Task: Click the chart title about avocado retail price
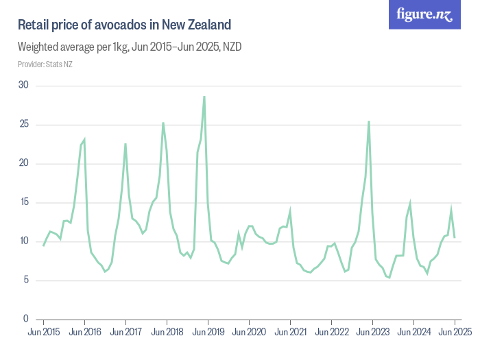123,25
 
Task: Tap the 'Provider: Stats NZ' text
45,64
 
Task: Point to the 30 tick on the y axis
24,85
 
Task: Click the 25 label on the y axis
24,124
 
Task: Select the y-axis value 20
24,163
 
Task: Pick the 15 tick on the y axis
24,202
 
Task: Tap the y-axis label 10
24,241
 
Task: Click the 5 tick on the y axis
26,280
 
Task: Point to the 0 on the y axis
26,319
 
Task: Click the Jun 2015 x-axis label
44,332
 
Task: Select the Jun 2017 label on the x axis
126,332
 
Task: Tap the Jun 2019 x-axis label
208,332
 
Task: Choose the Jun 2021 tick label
291,332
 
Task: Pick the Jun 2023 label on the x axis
373,332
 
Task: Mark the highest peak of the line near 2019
204,97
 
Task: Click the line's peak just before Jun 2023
369,121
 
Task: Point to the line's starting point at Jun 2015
44,245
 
